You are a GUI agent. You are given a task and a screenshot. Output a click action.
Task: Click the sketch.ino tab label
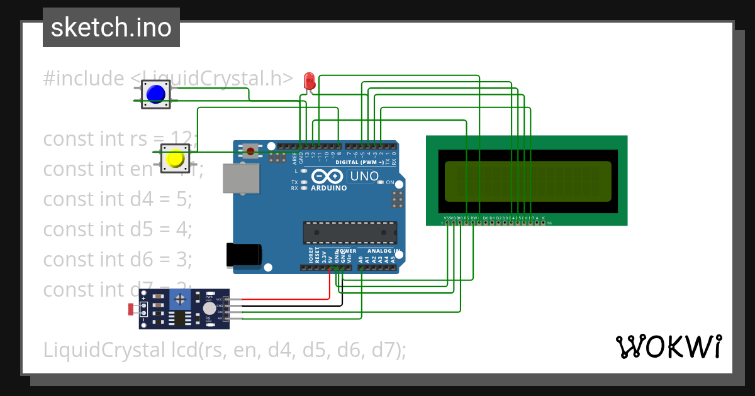pos(111,28)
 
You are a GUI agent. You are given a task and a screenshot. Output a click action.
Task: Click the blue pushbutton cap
pos(155,94)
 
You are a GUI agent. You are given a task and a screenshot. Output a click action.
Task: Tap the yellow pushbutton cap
pos(175,159)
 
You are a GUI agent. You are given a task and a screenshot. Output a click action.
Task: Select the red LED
pos(309,81)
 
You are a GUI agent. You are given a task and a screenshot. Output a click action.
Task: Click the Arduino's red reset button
pos(251,151)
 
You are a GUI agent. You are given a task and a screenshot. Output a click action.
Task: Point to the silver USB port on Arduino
pos(241,179)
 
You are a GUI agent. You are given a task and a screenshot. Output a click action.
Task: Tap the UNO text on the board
pos(363,177)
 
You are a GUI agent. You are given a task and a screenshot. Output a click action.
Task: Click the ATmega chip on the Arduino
pos(350,232)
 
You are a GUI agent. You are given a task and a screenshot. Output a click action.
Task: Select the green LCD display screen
pos(528,181)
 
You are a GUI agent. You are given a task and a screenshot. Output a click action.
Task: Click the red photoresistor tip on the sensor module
pos(131,309)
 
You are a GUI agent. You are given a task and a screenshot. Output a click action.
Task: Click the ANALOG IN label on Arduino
pos(380,250)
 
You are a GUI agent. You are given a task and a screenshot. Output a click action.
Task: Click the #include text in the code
pos(84,79)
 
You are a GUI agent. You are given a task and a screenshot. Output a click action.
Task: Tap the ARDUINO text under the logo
pos(328,188)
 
